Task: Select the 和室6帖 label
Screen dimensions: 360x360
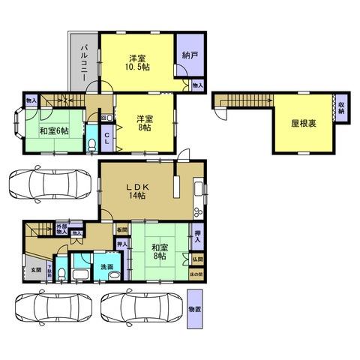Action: click(x=54, y=130)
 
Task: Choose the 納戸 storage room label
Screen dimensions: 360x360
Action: click(x=190, y=55)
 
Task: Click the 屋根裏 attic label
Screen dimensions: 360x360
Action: click(x=303, y=124)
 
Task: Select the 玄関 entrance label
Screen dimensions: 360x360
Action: click(x=36, y=269)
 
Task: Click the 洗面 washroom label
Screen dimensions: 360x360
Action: click(x=106, y=267)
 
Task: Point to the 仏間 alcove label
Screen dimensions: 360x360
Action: click(x=196, y=259)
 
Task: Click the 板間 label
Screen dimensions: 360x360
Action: click(x=121, y=229)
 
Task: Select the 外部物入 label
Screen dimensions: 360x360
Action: click(x=61, y=229)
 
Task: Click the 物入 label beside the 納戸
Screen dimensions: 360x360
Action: click(x=197, y=86)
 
